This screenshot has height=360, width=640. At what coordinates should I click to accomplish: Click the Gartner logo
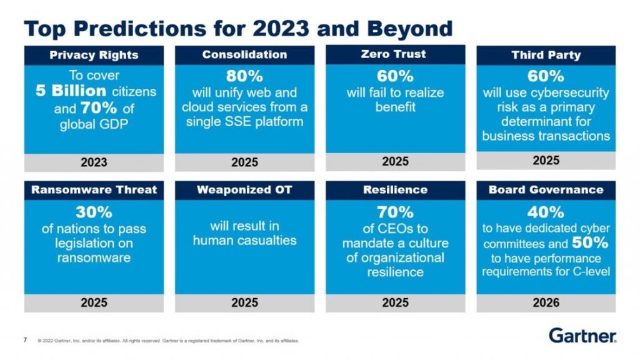coord(582,335)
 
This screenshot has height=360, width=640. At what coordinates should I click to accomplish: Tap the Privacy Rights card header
coord(94,56)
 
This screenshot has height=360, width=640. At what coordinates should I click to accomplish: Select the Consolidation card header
coord(244,55)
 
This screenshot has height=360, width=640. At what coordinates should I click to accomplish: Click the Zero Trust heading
coord(395,54)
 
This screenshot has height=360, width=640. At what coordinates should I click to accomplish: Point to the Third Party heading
coord(546,55)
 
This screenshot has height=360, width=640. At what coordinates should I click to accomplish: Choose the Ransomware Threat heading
coord(94,190)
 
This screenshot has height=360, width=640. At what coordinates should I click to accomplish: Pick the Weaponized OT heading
coord(244,190)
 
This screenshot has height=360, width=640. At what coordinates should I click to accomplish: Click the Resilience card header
coord(395,190)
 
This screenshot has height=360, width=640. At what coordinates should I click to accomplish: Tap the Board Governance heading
coord(546,190)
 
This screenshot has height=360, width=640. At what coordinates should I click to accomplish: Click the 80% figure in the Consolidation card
coord(244,77)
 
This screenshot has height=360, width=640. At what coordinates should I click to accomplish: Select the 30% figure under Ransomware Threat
coord(94,212)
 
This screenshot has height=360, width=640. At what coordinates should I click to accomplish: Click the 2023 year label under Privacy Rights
coord(94,162)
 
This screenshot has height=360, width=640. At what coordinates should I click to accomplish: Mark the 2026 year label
coord(546,302)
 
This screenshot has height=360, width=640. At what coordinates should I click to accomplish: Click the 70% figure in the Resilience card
coord(395,212)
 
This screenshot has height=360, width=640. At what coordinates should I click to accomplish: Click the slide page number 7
coord(25,340)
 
